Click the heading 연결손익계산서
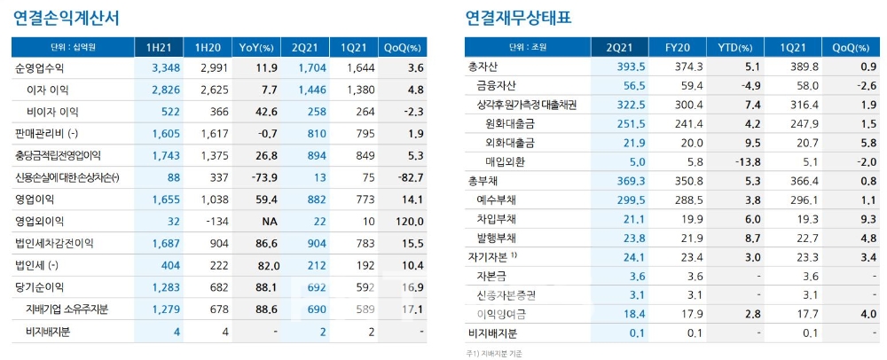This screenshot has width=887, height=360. pos(67,17)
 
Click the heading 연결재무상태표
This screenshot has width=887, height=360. pos(518,17)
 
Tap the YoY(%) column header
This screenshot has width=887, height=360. pos(257,47)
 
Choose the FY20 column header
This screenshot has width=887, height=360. pos(680,47)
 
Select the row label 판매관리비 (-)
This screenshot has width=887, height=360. pos(47,133)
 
